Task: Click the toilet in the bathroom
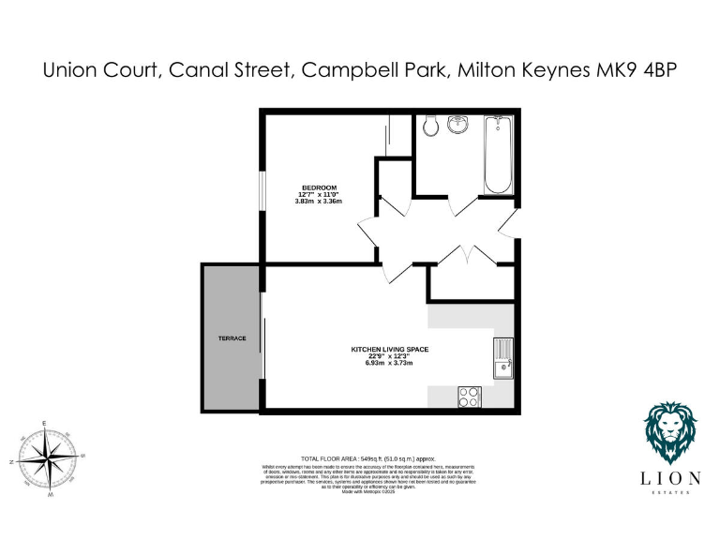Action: [x=429, y=125]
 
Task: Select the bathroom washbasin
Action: [x=458, y=124]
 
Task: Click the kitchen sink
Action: [x=503, y=357]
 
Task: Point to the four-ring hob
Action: [x=469, y=397]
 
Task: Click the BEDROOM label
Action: [x=319, y=187]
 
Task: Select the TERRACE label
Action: [x=232, y=338]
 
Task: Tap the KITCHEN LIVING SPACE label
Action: [x=389, y=349]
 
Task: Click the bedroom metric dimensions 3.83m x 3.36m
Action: [x=319, y=202]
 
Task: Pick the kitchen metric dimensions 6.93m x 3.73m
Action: [x=389, y=363]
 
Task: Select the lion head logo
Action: [x=669, y=435]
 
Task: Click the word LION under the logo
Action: [x=669, y=478]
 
